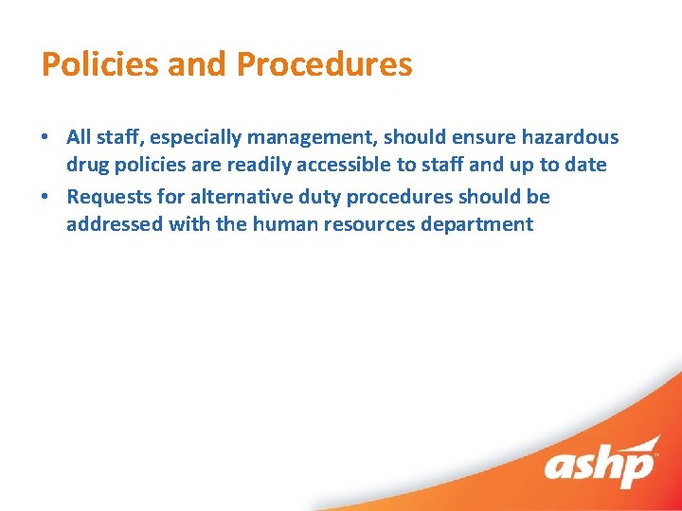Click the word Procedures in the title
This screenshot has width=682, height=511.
click(324, 64)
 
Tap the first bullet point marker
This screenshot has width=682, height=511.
click(45, 137)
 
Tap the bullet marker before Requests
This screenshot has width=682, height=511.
click(45, 197)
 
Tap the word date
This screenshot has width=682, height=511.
click(585, 165)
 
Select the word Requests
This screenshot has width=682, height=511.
click(110, 197)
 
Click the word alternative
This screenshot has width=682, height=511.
click(248, 197)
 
